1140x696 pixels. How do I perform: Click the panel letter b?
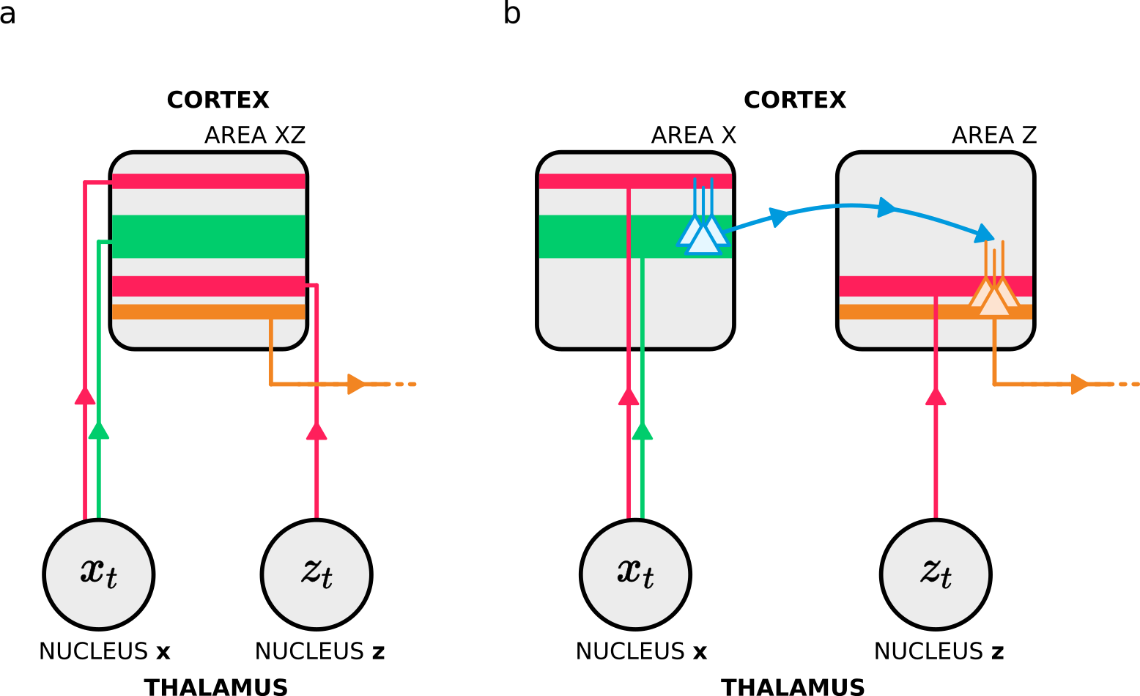point(512,13)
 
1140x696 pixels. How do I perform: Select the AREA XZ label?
point(254,136)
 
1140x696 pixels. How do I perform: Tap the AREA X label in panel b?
point(693,136)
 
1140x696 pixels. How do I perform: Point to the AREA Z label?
point(993,136)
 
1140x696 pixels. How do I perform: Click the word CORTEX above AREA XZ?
point(218,100)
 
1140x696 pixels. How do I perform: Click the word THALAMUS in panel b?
point(793,687)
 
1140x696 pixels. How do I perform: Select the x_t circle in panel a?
point(99,574)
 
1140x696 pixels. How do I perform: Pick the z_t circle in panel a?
point(317,574)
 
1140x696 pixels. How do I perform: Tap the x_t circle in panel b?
point(635,574)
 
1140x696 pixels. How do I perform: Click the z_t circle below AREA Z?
point(936,574)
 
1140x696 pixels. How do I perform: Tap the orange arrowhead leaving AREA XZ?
point(356,384)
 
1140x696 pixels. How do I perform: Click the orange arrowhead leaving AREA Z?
point(1079,384)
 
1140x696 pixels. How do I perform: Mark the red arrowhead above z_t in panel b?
point(936,397)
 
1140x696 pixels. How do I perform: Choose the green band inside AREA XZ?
point(208,236)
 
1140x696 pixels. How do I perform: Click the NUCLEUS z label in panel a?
point(319,651)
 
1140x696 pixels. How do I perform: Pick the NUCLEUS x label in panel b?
point(641,651)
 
